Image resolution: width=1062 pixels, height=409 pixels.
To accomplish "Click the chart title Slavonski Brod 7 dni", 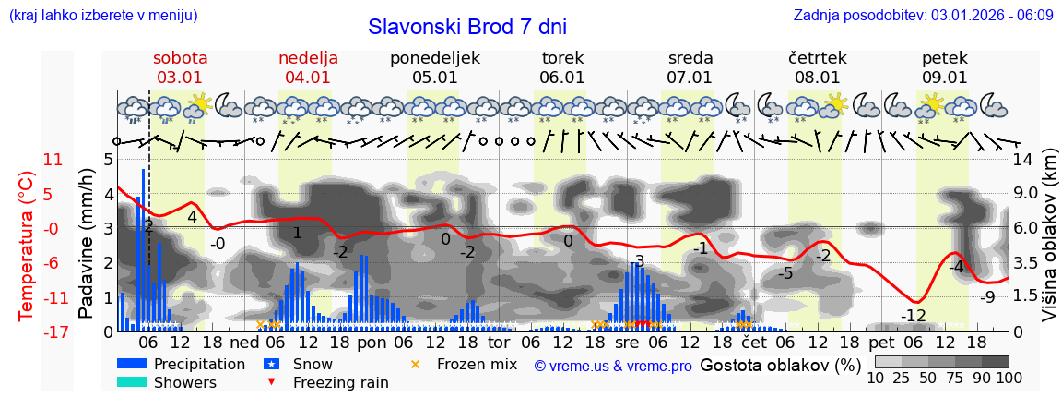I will click(x=467, y=27).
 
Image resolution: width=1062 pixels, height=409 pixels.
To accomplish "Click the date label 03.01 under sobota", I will click(x=179, y=78).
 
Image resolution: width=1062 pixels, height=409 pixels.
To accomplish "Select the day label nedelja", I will click(x=308, y=58).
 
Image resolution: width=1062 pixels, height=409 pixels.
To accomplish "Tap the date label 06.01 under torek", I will click(x=562, y=78).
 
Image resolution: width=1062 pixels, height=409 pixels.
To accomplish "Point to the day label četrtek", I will click(x=817, y=58).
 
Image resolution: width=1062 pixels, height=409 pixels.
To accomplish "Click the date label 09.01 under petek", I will click(x=945, y=78).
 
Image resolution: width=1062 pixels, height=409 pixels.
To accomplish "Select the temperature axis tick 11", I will click(x=28, y=160).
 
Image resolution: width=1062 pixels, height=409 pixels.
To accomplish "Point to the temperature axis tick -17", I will click(x=28, y=331).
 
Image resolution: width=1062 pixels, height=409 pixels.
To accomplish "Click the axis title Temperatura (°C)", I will click(x=27, y=246).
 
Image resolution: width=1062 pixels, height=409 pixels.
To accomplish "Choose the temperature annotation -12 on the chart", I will click(x=913, y=316).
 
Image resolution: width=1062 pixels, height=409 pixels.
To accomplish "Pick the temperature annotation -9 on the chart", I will click(x=986, y=296).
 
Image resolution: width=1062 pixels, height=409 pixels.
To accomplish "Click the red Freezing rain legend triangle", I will click(x=270, y=382).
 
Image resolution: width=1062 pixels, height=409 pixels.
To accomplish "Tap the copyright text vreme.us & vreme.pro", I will click(x=613, y=366).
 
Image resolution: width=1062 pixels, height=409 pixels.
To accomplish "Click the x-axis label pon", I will click(x=372, y=342).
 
